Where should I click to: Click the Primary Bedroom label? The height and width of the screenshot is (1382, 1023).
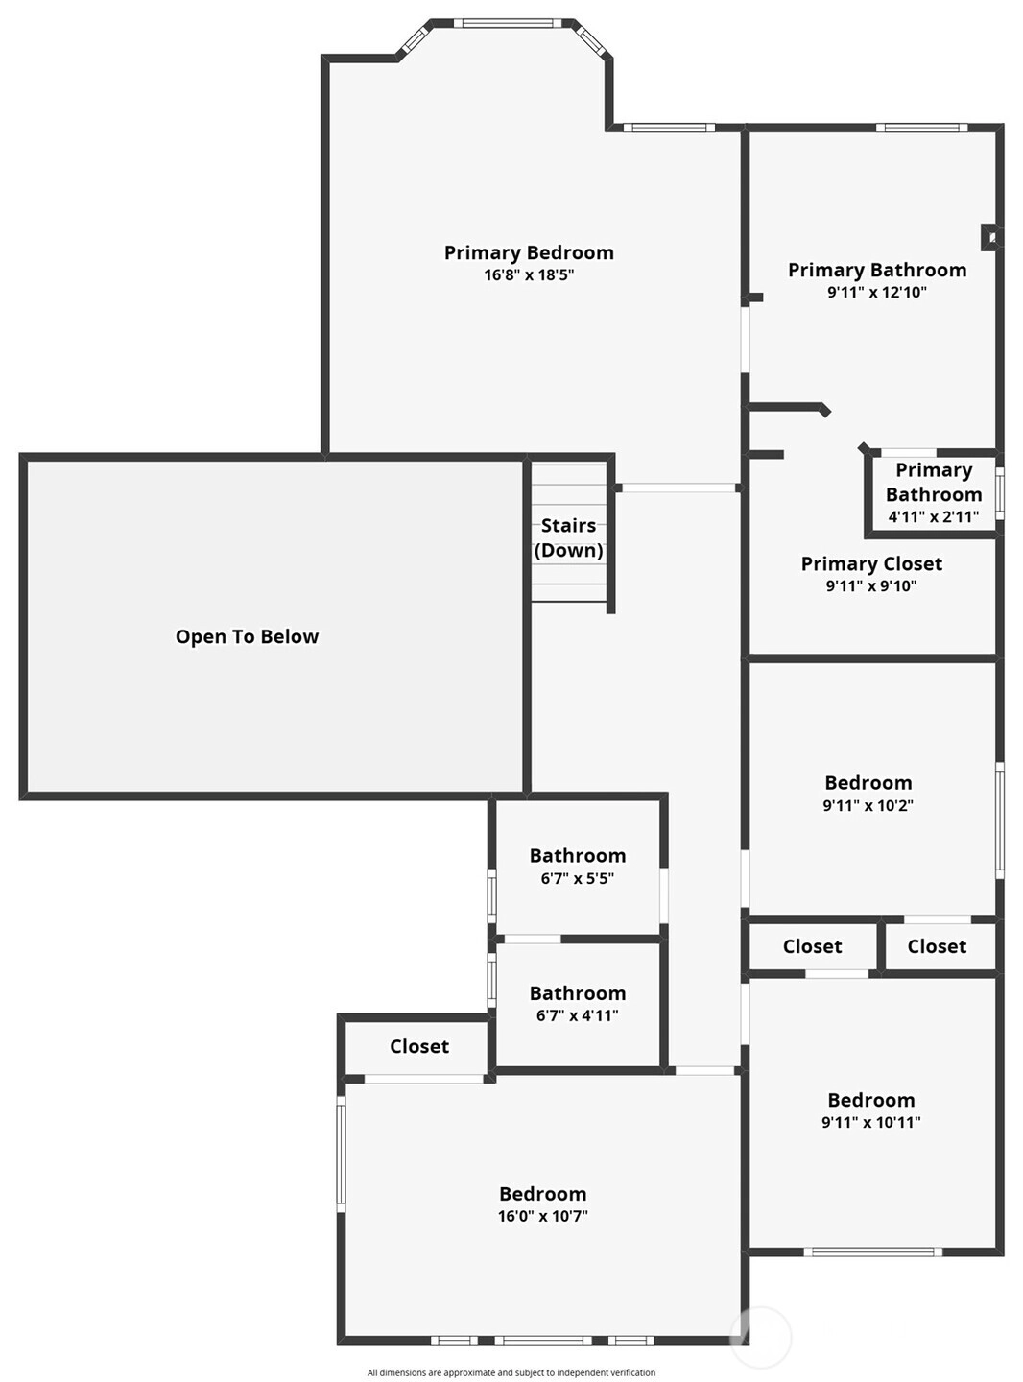(x=529, y=253)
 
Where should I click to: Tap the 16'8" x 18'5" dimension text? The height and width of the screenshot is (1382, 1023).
(x=529, y=274)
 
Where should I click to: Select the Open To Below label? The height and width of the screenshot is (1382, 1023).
(x=247, y=637)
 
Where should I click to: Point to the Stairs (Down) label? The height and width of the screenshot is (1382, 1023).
(x=568, y=537)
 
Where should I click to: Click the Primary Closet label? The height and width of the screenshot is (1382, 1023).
(x=871, y=564)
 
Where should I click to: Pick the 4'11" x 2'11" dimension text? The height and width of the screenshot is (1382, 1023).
(x=934, y=516)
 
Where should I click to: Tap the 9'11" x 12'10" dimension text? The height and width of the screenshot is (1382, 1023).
(x=876, y=292)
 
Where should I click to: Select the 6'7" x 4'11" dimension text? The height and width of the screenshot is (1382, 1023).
(x=577, y=1015)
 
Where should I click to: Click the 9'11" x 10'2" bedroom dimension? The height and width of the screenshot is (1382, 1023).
(x=868, y=805)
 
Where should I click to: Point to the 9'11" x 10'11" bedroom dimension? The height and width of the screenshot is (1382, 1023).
(x=871, y=1122)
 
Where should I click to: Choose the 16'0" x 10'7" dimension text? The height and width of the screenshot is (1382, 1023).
(x=542, y=1216)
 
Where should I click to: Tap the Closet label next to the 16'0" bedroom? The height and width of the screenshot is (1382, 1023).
(x=418, y=1046)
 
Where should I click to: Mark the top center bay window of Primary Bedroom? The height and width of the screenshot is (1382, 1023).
(x=503, y=24)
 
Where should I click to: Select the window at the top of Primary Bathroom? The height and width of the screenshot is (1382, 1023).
(x=921, y=128)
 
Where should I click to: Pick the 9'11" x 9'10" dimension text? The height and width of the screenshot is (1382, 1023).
(x=871, y=585)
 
